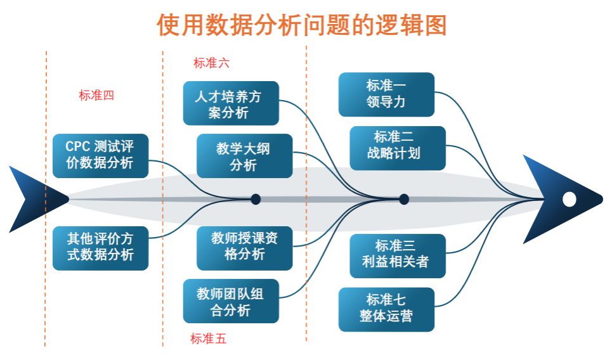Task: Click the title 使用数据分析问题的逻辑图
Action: [302, 25]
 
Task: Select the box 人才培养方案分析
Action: [231, 103]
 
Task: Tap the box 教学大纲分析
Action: [244, 156]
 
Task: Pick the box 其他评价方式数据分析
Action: [100, 248]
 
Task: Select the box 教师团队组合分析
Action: [231, 301]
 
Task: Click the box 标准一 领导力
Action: [386, 94]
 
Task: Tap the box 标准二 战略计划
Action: [398, 148]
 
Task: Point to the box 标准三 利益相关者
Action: [398, 255]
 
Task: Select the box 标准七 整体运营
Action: [386, 309]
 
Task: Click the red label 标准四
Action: [96, 96]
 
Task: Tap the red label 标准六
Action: [211, 63]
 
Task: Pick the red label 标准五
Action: [208, 338]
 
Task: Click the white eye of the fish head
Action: [569, 199]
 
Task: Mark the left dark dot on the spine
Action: [256, 199]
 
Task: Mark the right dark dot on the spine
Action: [403, 199]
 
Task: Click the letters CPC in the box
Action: [76, 146]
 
